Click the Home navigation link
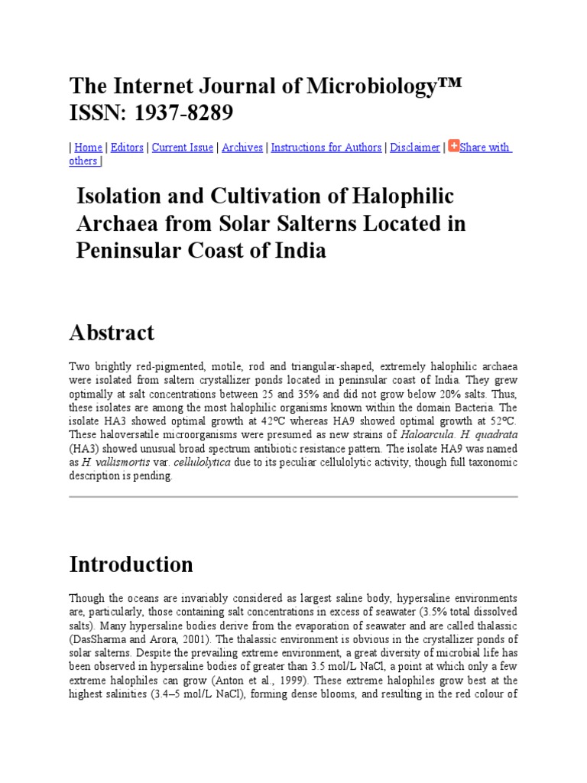[x=88, y=148]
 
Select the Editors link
[x=127, y=148]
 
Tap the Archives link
[x=242, y=148]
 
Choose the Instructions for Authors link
[x=326, y=148]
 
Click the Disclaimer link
[x=415, y=148]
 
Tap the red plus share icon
[x=454, y=146]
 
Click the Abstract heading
[x=112, y=333]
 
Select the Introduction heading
[x=131, y=564]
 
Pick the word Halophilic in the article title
[x=404, y=197]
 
